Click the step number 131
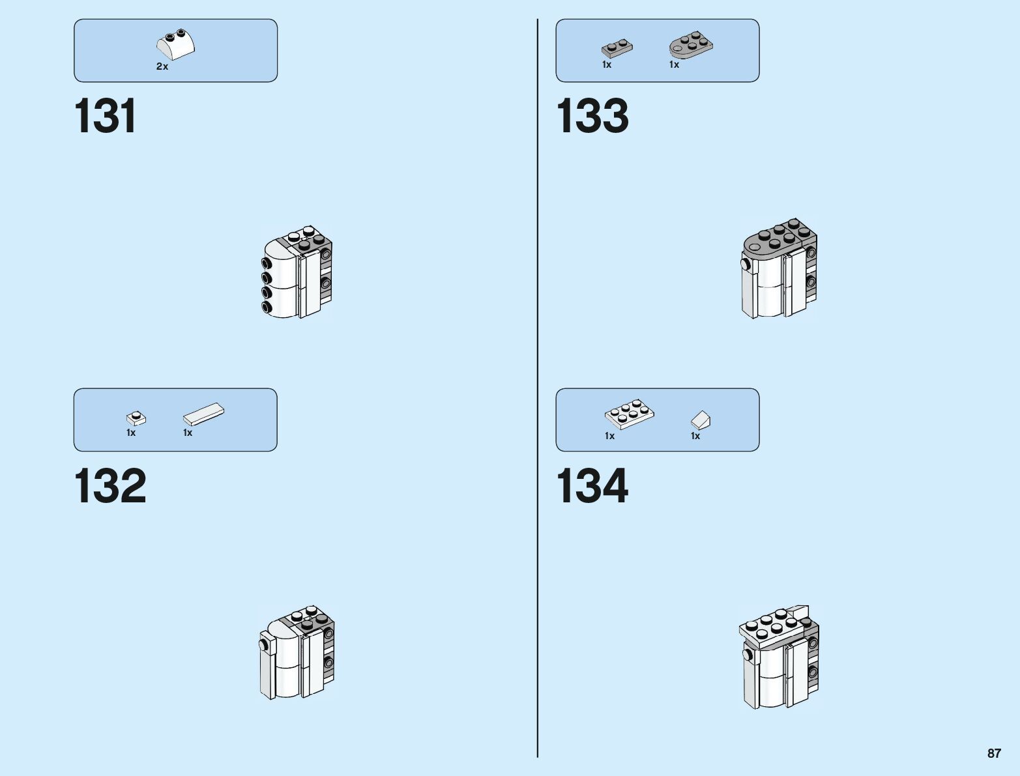point(106,117)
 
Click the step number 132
point(110,486)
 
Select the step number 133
point(592,117)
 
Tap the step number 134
point(592,486)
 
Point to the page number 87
point(993,753)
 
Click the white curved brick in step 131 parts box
point(175,46)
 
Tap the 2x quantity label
point(162,66)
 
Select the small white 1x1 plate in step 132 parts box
point(136,418)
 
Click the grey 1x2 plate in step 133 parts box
point(617,49)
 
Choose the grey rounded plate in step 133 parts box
point(691,45)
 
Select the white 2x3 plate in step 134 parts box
point(629,414)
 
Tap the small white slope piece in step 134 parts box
point(701,419)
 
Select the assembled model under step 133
point(779,268)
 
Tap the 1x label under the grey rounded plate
point(674,65)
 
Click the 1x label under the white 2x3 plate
point(609,436)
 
